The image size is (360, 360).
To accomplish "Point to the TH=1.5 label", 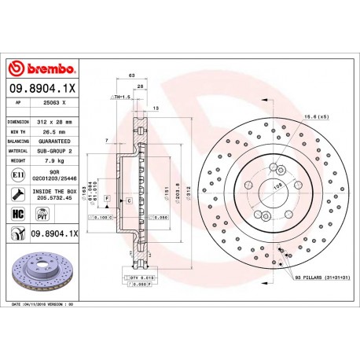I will point(121,96).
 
